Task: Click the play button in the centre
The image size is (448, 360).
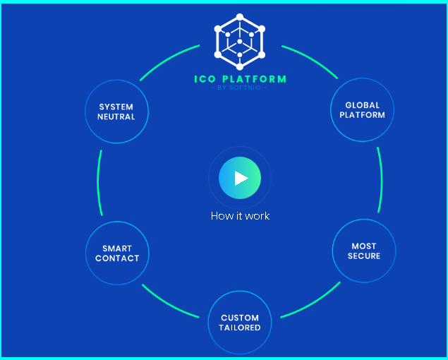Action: click(240, 178)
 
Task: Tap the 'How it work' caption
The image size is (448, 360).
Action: click(240, 215)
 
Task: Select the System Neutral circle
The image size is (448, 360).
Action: click(116, 112)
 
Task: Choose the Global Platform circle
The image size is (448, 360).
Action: click(362, 110)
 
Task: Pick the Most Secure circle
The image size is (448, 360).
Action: click(363, 251)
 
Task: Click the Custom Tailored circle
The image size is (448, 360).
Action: click(240, 323)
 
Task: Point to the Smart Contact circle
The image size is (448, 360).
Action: click(117, 253)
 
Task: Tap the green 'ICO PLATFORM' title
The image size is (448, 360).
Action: click(240, 79)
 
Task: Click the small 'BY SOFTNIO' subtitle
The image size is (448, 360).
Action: click(240, 88)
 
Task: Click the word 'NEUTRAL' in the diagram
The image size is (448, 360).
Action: click(116, 116)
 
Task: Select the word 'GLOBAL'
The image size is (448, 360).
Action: click(363, 105)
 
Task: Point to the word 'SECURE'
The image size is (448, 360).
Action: click(364, 256)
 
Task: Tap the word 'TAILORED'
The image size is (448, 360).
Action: click(240, 328)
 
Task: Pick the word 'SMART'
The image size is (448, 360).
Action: click(117, 248)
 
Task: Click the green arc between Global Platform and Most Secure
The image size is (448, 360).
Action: click(380, 180)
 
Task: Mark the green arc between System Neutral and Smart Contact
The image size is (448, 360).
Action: click(99, 182)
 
